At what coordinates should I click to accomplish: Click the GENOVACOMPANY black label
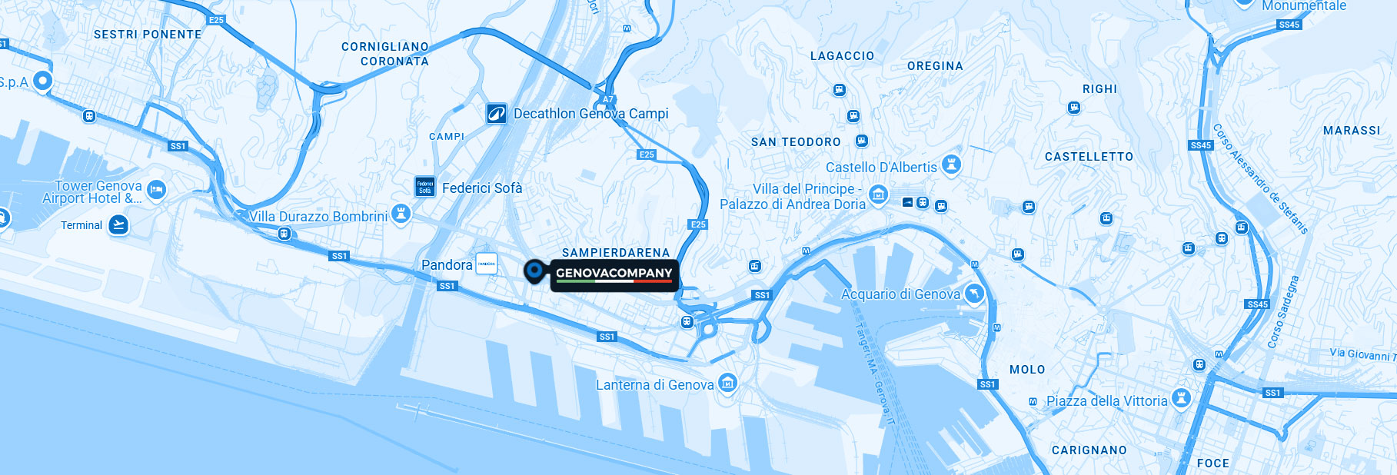tap(614, 274)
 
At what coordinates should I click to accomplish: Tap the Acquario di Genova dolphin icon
tap(974, 294)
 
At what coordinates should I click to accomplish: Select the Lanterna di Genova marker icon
tap(727, 383)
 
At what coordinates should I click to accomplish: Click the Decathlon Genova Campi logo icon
tap(496, 114)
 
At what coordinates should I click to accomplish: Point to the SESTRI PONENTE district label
tap(148, 35)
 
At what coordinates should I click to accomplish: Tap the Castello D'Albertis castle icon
tap(952, 164)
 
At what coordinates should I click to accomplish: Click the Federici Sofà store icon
tap(425, 187)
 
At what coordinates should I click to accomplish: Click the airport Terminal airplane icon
tap(118, 224)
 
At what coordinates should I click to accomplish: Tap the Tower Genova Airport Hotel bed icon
tap(156, 189)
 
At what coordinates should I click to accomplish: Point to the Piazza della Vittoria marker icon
tap(1182, 397)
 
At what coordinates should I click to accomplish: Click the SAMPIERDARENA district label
tap(616, 252)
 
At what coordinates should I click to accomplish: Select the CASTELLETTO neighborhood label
tap(1089, 157)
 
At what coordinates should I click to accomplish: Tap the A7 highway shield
tap(607, 99)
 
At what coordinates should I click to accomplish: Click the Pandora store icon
tap(487, 264)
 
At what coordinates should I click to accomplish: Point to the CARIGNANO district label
tap(1089, 450)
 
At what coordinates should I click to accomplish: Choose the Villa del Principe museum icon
tap(878, 194)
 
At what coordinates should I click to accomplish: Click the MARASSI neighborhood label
tap(1352, 131)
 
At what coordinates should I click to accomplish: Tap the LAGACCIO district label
tap(842, 56)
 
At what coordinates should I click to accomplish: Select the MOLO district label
tap(1026, 370)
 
